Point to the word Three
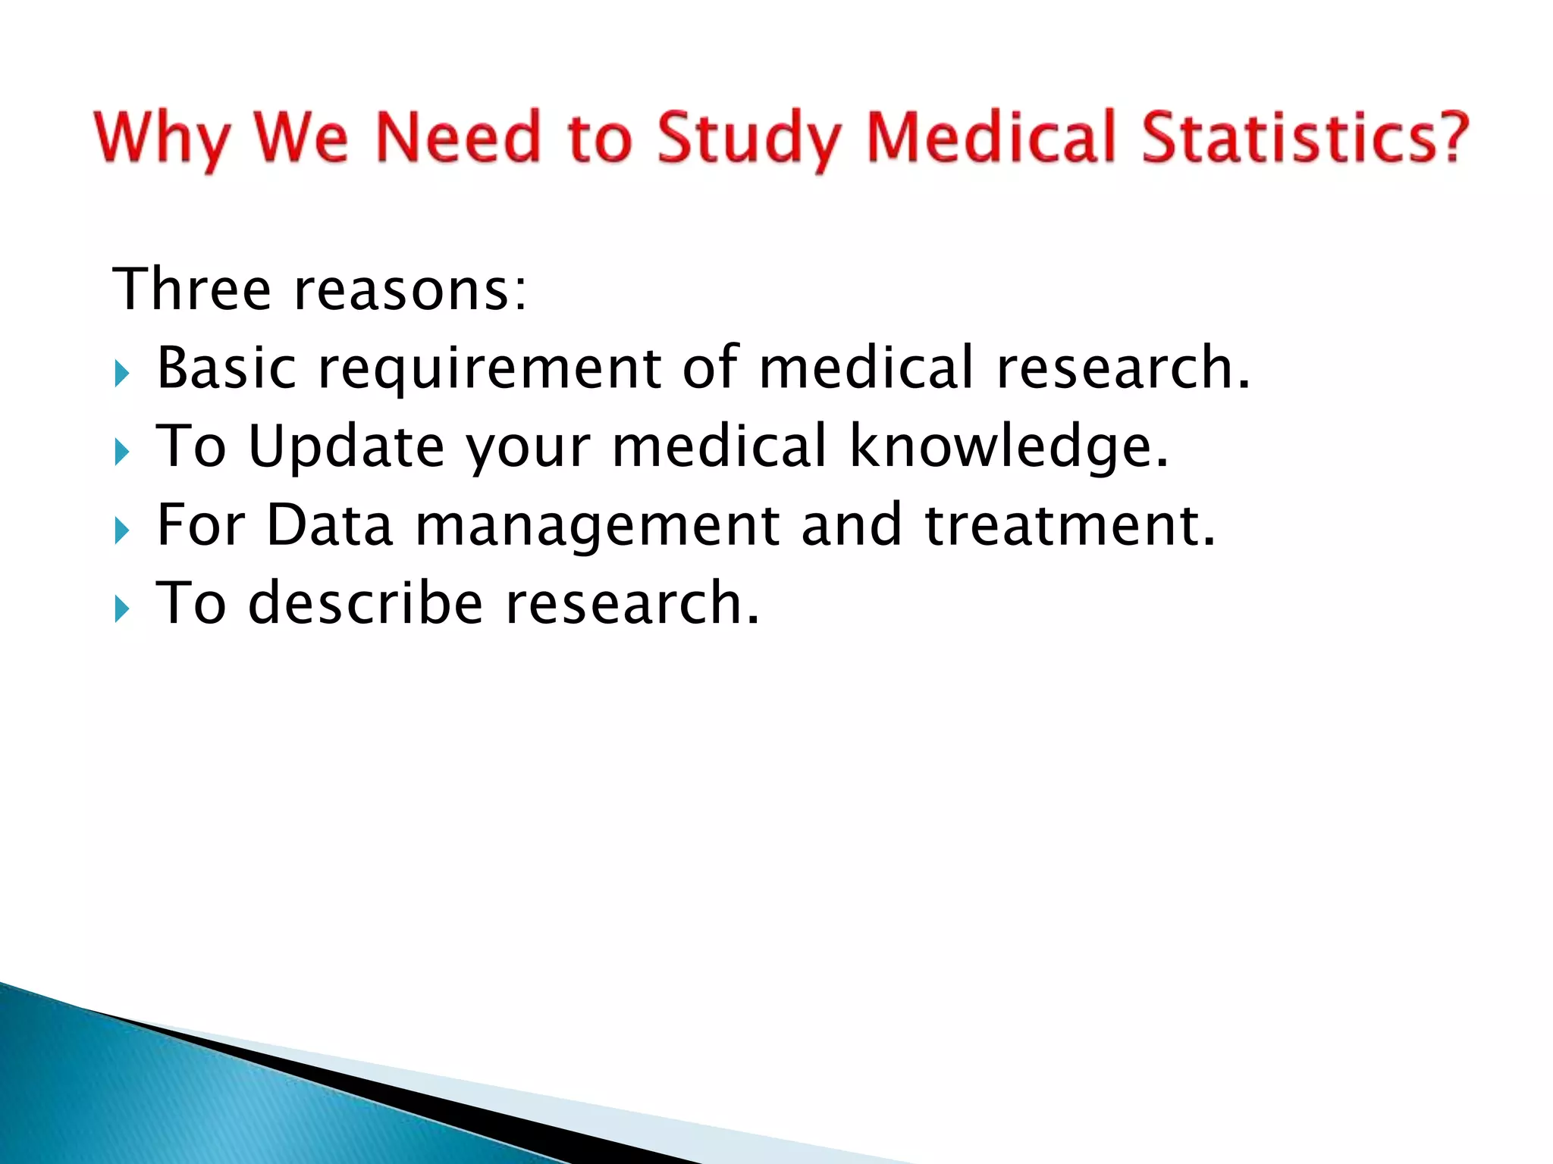click(191, 289)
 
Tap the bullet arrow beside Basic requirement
click(122, 374)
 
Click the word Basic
click(226, 368)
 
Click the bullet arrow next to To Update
click(122, 452)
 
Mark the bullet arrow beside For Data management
click(122, 531)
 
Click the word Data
click(330, 525)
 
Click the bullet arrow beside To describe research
click(122, 609)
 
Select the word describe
click(366, 603)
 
